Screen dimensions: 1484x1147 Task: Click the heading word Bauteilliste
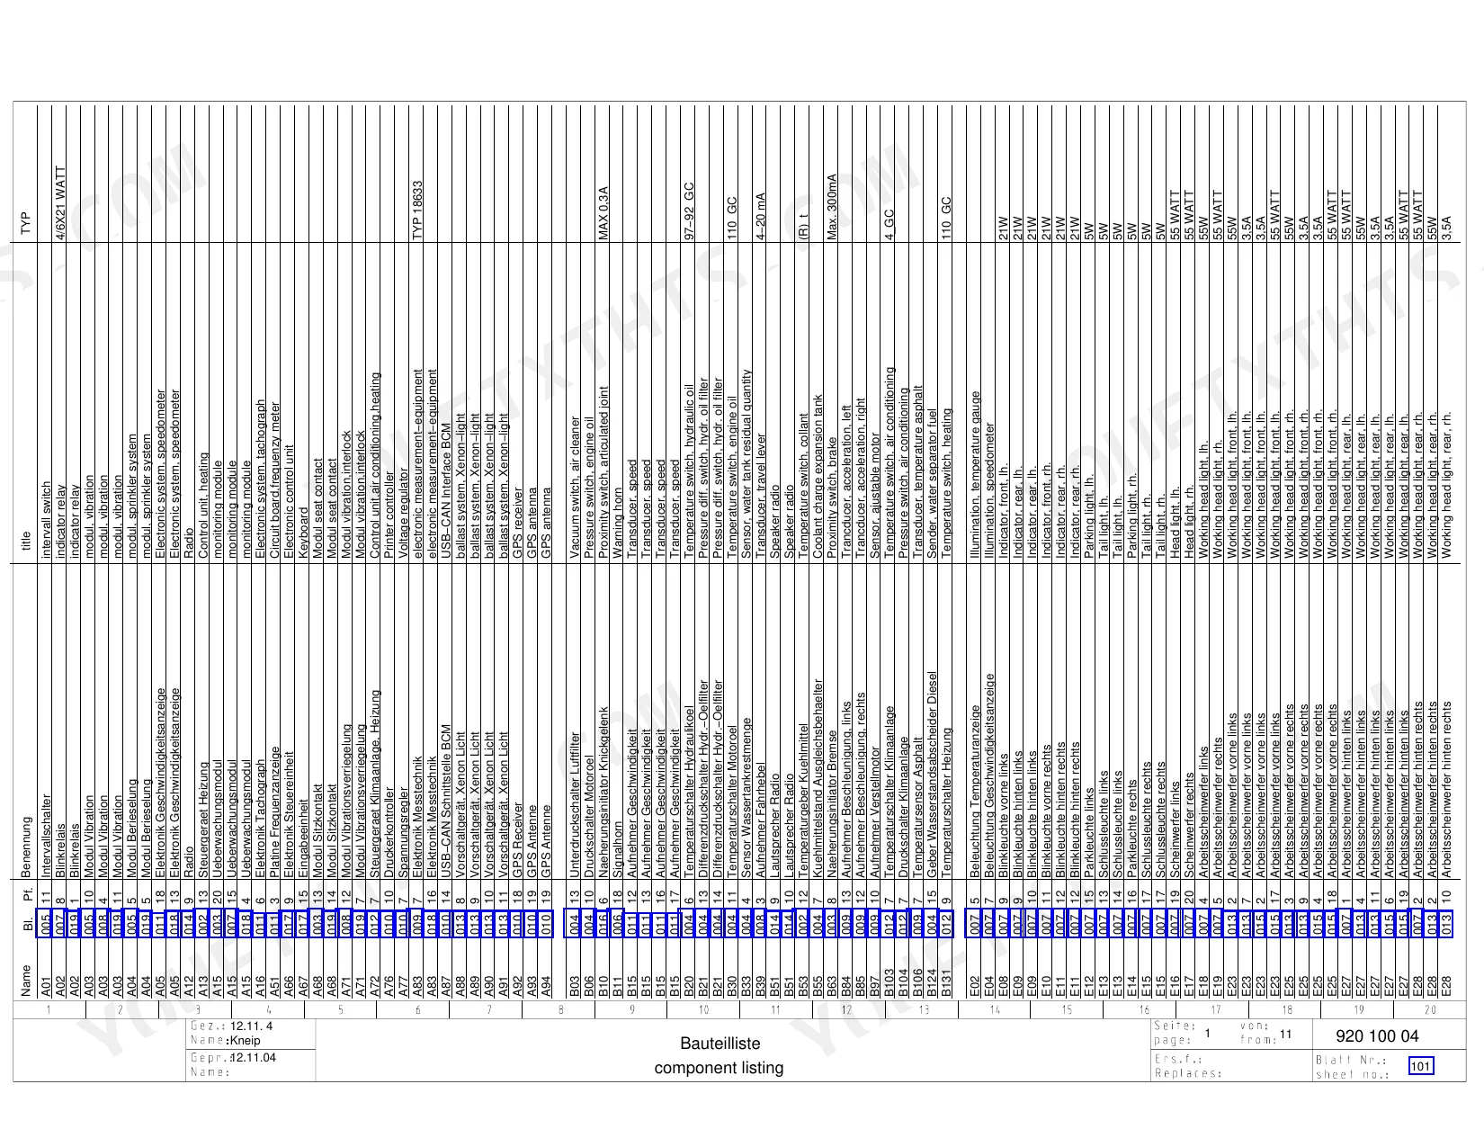(720, 1044)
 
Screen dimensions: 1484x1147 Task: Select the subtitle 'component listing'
(719, 1068)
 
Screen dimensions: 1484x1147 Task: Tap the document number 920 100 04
(1377, 1036)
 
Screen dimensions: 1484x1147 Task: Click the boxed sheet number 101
(1420, 1066)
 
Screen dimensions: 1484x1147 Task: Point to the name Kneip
(246, 1041)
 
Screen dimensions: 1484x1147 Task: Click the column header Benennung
(26, 847)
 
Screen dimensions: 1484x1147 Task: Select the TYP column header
(26, 223)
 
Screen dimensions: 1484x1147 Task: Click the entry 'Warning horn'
(618, 524)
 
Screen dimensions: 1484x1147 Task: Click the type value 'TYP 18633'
(418, 211)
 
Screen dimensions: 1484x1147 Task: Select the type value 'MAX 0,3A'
(603, 213)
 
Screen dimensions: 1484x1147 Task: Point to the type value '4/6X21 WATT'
(61, 203)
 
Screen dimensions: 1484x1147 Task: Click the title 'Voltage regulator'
(404, 513)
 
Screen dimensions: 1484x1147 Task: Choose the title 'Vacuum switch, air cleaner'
(575, 488)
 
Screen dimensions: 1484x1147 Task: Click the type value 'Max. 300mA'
(832, 207)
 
